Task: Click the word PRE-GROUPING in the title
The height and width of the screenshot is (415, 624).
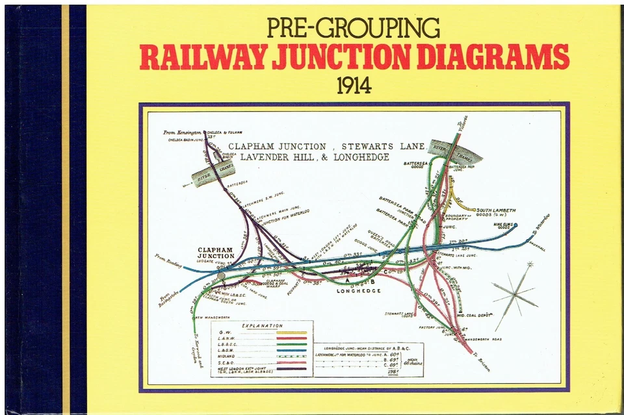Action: click(x=354, y=29)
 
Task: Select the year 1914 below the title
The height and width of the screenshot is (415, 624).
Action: click(x=354, y=86)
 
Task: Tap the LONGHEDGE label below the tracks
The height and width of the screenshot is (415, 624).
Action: click(x=357, y=290)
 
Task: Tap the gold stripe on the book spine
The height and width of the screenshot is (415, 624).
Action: click(x=65, y=208)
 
